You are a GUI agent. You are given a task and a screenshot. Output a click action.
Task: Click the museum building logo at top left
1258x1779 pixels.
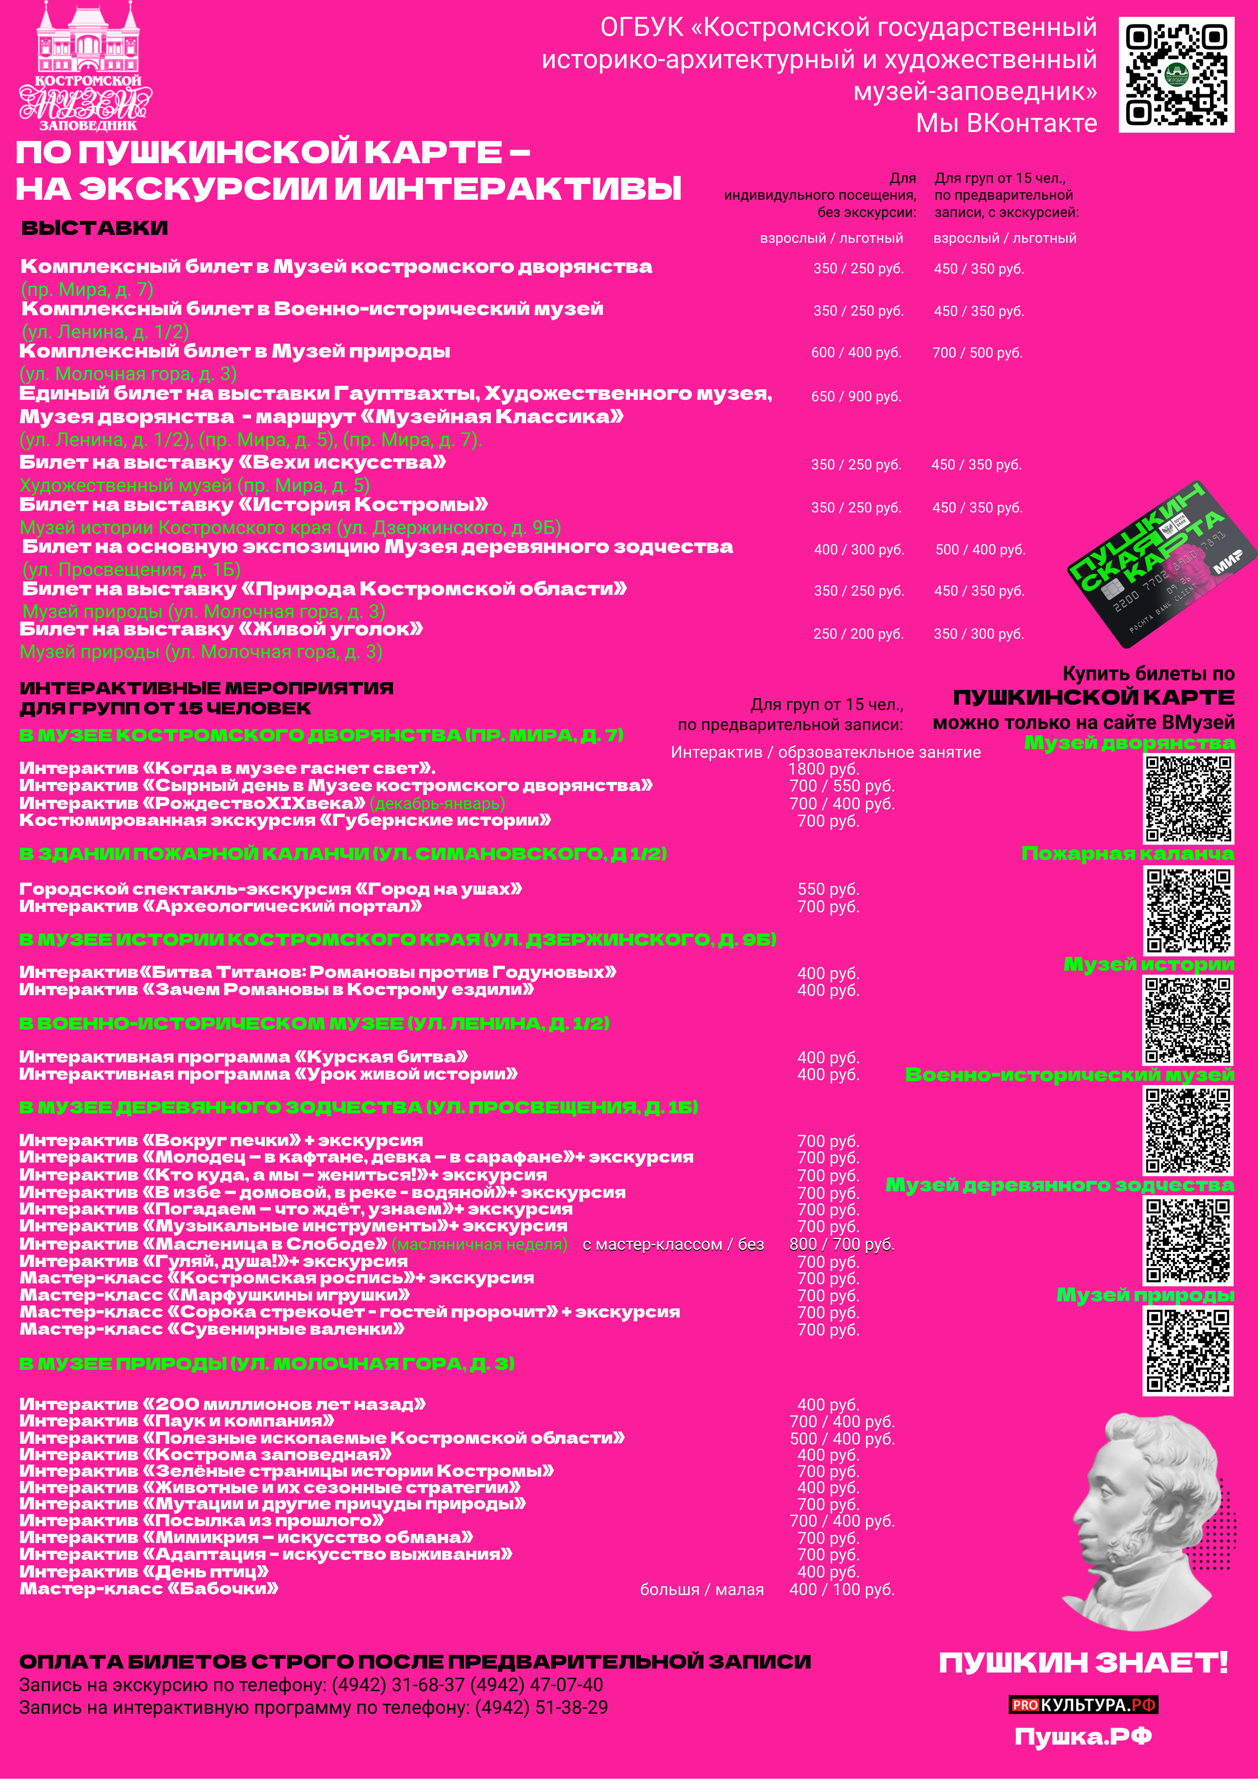pos(85,68)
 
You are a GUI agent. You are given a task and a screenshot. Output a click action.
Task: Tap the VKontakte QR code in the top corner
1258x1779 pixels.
pos(1176,75)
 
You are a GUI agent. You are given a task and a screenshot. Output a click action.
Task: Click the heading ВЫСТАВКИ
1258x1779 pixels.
pos(95,228)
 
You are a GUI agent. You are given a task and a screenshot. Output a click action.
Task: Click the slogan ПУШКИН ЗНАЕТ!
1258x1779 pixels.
pos(1083,1662)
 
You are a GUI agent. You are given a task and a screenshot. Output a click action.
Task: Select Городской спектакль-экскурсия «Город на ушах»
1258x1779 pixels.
pos(270,889)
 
